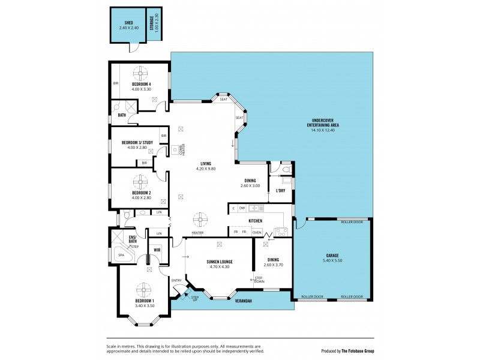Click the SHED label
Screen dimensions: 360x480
click(x=128, y=22)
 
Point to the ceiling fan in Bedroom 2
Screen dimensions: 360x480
click(x=142, y=181)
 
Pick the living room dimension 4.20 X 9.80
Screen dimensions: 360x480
click(x=205, y=169)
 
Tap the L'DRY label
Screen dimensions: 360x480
click(x=280, y=191)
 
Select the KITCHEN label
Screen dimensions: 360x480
click(x=256, y=221)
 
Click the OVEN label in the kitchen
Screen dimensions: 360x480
click(x=257, y=232)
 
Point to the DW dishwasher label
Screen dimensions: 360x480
click(x=242, y=208)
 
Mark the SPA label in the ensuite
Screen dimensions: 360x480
click(x=121, y=255)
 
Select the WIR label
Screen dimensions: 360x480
click(x=157, y=250)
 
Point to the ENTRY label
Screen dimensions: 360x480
click(x=176, y=280)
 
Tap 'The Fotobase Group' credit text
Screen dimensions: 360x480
click(x=357, y=351)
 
